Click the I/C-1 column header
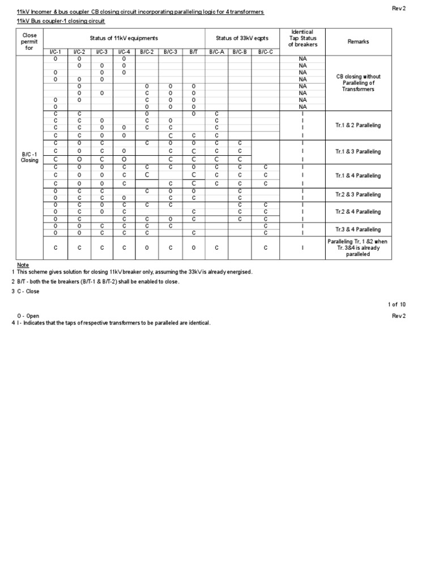tap(56, 52)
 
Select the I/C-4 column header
tap(124, 52)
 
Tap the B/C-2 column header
tap(147, 52)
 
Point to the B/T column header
tap(193, 52)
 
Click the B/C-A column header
tap(216, 52)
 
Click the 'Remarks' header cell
tap(358, 41)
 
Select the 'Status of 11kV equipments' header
tap(124, 38)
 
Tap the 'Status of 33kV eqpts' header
tap(241, 38)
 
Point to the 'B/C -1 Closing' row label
tap(29, 157)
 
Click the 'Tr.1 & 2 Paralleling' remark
tap(358, 125)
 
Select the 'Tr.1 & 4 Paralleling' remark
tap(358, 176)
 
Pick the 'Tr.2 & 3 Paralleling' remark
tap(358, 194)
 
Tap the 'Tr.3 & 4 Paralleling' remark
tap(358, 229)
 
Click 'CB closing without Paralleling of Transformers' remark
tap(358, 83)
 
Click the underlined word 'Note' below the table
tap(23, 265)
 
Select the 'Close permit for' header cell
tap(29, 41)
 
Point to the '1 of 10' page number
tap(397, 304)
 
